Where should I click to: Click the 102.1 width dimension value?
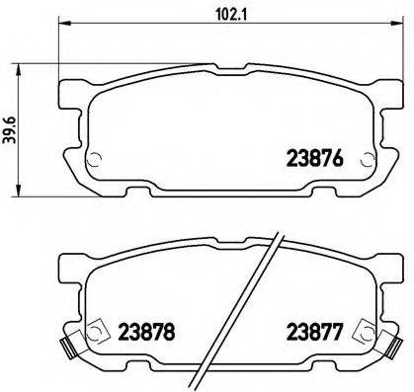click(219, 15)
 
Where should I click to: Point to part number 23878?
click(145, 334)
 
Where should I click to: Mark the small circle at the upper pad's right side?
click(367, 163)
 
